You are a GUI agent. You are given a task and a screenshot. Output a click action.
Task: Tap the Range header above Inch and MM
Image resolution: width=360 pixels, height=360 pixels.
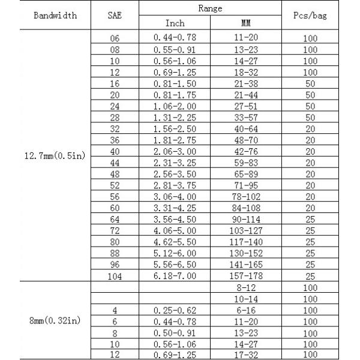click(x=211, y=8)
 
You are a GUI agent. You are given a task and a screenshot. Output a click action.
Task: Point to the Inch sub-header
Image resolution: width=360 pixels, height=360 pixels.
click(x=175, y=23)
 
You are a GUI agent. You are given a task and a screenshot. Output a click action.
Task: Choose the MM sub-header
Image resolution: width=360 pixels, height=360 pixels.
click(x=246, y=23)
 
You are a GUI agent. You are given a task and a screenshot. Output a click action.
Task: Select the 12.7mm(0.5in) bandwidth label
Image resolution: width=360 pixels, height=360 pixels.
click(x=56, y=156)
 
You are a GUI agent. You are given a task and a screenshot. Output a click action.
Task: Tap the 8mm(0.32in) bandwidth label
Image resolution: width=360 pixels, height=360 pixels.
click(x=56, y=322)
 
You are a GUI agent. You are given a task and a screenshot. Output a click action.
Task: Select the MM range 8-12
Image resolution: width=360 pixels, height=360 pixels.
click(x=246, y=287)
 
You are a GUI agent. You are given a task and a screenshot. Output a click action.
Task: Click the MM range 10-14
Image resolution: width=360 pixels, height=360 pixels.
click(x=246, y=299)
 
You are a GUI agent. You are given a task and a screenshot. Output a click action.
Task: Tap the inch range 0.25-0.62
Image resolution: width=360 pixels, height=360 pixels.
click(x=175, y=310)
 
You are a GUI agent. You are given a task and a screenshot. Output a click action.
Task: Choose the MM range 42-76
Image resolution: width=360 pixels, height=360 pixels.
click(x=246, y=151)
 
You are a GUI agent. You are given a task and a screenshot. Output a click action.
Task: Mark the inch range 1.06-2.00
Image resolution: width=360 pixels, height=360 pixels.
click(x=175, y=106)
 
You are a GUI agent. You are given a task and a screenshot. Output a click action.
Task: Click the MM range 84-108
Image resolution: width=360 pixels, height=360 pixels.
click(x=246, y=207)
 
